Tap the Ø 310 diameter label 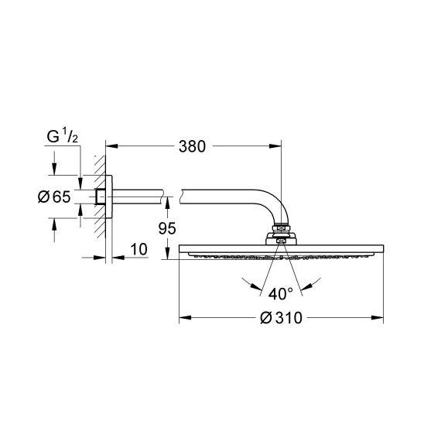click(x=282, y=317)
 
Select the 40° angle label click(x=280, y=293)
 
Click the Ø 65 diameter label click(x=54, y=197)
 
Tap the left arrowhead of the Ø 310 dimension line click(x=183, y=317)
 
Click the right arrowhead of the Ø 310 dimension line click(x=380, y=317)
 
